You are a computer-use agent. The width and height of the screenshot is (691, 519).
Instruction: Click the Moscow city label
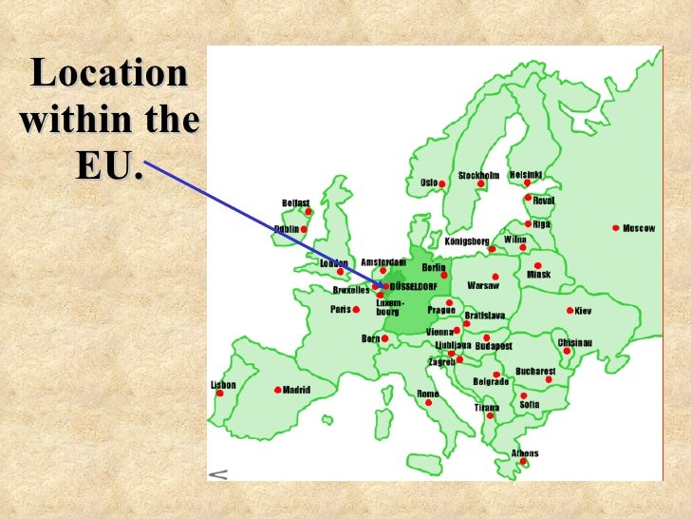640,228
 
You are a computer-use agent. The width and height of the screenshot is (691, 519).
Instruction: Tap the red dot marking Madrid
277,390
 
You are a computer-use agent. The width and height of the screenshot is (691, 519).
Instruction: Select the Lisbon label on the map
223,385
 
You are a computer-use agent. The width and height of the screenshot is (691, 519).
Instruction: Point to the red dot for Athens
522,462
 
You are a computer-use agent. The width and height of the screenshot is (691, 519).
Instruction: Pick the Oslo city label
429,182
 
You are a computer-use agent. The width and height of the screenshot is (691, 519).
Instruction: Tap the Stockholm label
478,176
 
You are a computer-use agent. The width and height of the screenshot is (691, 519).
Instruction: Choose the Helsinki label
526,175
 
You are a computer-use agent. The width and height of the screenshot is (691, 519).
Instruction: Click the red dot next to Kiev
570,310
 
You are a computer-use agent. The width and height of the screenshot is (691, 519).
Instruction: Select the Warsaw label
483,285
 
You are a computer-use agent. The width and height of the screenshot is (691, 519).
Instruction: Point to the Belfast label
296,202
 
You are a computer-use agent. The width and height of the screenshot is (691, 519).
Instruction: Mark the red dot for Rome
428,402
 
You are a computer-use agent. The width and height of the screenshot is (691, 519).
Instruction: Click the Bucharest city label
535,371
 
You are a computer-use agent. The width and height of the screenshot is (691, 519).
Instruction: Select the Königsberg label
467,241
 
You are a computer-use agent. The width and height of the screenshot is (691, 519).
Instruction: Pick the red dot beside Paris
357,309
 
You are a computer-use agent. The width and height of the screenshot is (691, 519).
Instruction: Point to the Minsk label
538,274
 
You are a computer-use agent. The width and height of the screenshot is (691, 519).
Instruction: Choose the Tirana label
487,408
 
